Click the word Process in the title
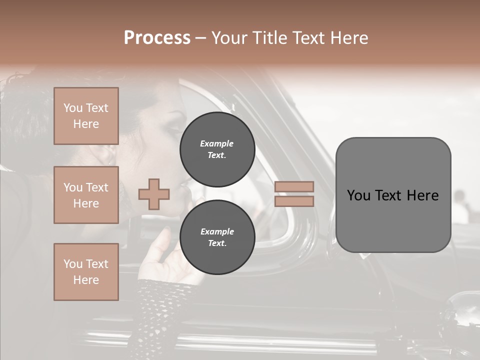tap(157, 38)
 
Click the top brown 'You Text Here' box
tap(86, 116)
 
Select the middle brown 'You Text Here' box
tap(86, 195)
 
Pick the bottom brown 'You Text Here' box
tap(86, 271)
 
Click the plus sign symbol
tap(154, 194)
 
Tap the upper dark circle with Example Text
tap(217, 149)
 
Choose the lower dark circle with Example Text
tap(217, 237)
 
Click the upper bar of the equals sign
tap(294, 186)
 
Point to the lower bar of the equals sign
tap(294, 201)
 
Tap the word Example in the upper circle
tap(217, 143)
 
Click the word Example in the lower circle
tap(217, 231)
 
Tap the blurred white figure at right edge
tap(460, 207)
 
